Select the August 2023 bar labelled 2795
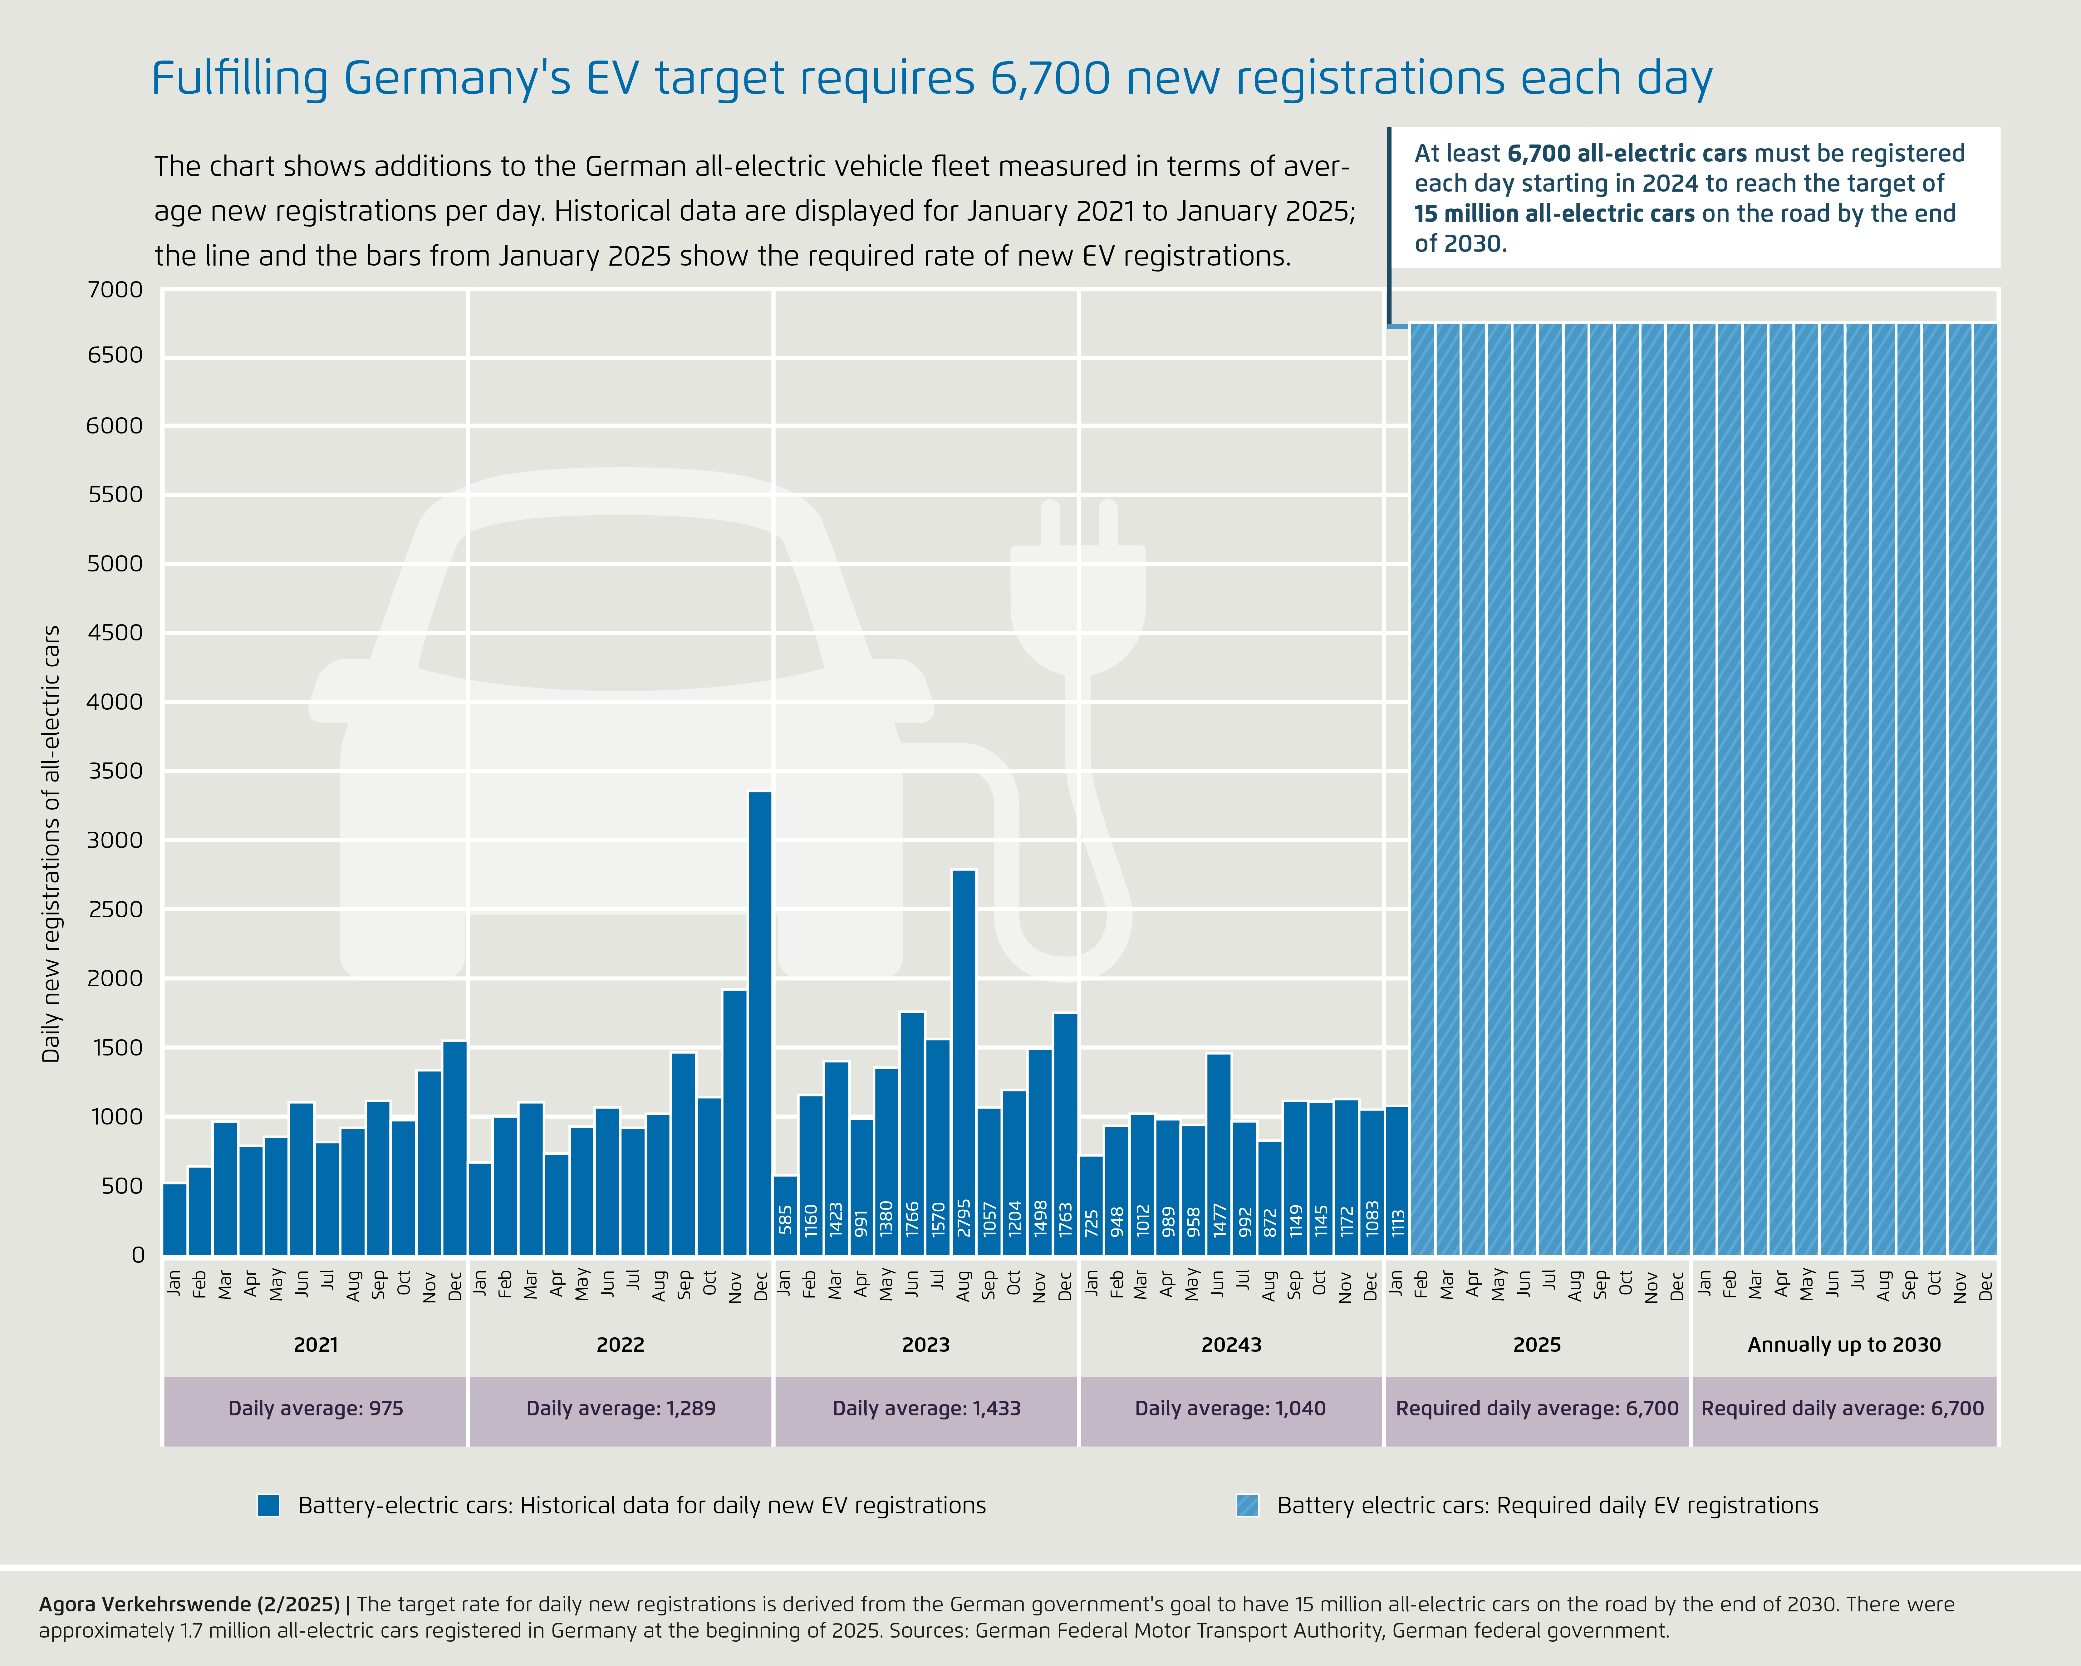point(963,1062)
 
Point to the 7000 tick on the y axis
point(115,290)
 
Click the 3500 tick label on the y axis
point(115,771)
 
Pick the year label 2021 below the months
point(316,1345)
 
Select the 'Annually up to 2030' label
point(1843,1345)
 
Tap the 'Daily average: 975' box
point(316,1408)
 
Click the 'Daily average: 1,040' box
point(1231,1408)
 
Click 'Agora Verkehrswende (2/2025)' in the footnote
point(189,1604)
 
